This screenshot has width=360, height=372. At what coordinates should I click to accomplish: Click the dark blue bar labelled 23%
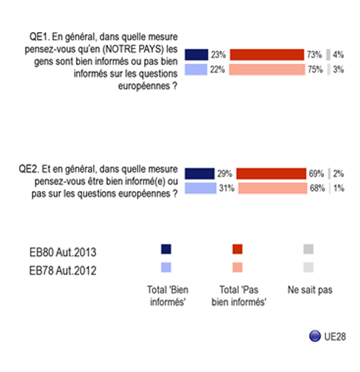[x=196, y=54]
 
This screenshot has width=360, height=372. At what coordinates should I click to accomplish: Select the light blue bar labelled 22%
[x=196, y=69]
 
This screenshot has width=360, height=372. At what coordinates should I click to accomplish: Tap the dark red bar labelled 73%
[x=267, y=54]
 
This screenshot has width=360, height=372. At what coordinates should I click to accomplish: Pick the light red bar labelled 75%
[x=267, y=69]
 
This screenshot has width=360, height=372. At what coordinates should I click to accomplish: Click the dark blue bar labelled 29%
[x=200, y=173]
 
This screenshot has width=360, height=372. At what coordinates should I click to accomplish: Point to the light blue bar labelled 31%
[x=201, y=188]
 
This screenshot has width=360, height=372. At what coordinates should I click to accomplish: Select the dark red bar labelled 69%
[x=271, y=173]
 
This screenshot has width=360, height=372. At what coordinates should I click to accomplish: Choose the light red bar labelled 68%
[x=272, y=188]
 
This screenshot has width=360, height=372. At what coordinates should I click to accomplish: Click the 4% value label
[x=338, y=54]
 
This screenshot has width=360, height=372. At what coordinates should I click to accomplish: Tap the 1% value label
[x=339, y=188]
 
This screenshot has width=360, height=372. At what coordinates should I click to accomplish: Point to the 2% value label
[x=338, y=173]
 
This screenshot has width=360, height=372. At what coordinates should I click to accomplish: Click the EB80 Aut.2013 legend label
[x=63, y=252]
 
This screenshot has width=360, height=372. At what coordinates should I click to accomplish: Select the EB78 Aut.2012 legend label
[x=63, y=271]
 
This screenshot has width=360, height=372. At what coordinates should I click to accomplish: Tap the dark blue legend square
[x=166, y=249]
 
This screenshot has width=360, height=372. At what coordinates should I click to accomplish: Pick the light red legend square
[x=238, y=267]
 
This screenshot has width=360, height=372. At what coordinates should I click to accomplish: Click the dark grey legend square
[x=308, y=249]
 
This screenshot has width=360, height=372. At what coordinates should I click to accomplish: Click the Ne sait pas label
[x=310, y=290]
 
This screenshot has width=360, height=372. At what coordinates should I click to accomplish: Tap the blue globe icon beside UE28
[x=315, y=336]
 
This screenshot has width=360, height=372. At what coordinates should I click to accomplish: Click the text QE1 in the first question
[x=39, y=37]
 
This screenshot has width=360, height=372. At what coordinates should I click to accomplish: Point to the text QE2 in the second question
[x=29, y=169]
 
